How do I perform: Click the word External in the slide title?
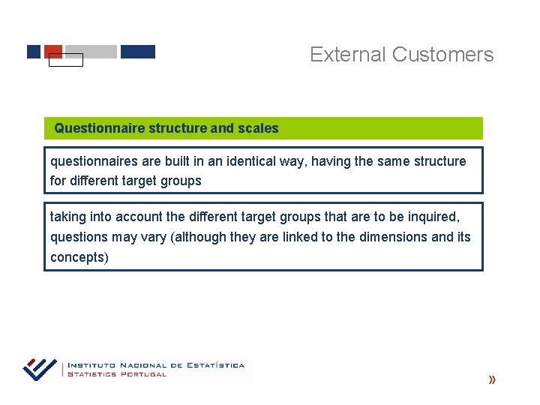pyautogui.click(x=348, y=55)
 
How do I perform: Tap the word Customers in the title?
pyautogui.click(x=442, y=55)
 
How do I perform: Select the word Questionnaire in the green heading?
pyautogui.click(x=99, y=128)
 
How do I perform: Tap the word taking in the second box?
pyautogui.click(x=68, y=217)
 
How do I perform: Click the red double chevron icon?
pyautogui.click(x=491, y=380)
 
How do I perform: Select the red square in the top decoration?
pyautogui.click(x=53, y=50)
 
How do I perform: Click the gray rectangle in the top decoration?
pyautogui.click(x=91, y=52)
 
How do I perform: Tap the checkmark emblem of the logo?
pyautogui.click(x=40, y=369)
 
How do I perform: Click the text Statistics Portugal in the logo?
pyautogui.click(x=117, y=374)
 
